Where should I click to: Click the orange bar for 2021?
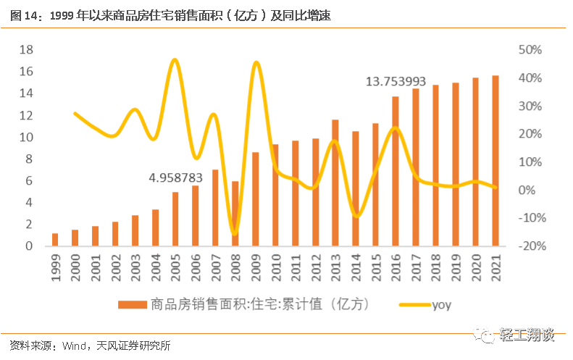(495, 161)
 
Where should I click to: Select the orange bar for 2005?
(175, 219)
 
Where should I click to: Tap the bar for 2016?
(396, 171)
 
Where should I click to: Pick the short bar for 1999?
(55, 240)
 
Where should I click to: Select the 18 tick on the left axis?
(27, 50)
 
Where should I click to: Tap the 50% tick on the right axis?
(530, 50)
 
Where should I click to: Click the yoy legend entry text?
(441, 305)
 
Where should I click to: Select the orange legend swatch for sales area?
(133, 305)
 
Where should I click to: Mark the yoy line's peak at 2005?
(175, 60)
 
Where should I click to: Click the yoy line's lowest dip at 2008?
(234, 233)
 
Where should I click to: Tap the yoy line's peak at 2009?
(256, 63)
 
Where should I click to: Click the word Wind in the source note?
(75, 346)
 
